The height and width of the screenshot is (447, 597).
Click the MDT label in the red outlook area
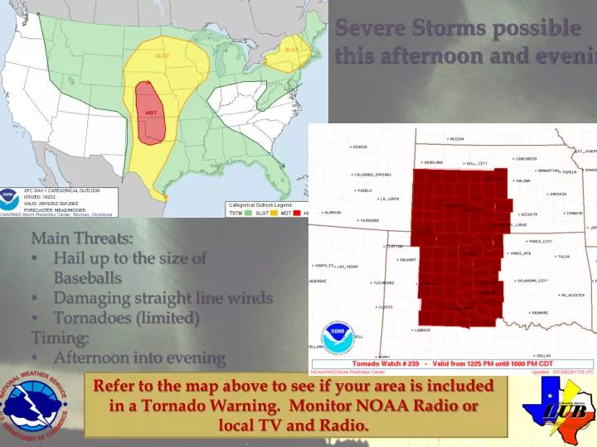(152, 113)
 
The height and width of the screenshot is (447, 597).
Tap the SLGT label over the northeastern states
(292, 50)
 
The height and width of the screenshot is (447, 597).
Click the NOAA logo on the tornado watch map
(337, 337)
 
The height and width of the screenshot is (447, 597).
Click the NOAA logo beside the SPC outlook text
(10, 199)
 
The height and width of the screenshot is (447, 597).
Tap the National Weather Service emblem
(36, 406)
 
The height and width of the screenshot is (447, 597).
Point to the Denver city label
(358, 147)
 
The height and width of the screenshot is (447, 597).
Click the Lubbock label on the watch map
(421, 329)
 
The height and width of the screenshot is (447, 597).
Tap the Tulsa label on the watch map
(564, 257)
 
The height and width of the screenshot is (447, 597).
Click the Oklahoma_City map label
(531, 281)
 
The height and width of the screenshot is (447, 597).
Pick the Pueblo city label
(365, 190)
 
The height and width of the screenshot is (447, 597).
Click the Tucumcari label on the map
(383, 283)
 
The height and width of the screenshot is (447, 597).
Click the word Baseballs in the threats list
(88, 278)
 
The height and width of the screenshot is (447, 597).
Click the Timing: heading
(60, 338)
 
